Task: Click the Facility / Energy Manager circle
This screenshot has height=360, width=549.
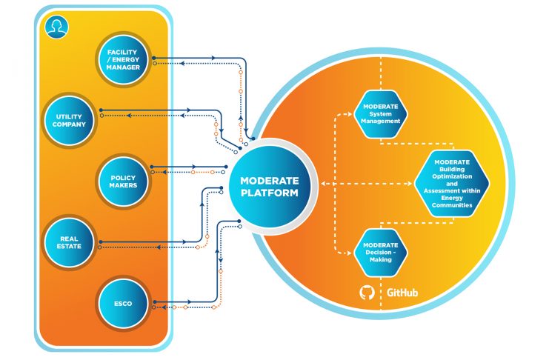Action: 124,59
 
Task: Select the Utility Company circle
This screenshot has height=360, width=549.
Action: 70,120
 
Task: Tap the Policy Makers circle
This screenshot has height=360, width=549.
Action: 124,180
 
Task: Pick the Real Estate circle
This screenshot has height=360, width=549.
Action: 70,241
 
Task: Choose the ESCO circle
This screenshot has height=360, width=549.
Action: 124,301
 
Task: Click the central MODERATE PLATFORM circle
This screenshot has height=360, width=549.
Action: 269,186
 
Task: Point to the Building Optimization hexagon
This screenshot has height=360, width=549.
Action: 452,183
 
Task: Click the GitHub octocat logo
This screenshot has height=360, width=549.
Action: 367,293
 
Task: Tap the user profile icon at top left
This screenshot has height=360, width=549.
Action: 54,27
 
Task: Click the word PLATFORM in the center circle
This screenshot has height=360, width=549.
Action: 269,193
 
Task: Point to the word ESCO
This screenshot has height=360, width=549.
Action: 124,301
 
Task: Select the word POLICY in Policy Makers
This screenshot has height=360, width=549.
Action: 124,176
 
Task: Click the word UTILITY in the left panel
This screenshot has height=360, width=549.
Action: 70,116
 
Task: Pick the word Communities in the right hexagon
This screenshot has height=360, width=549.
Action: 452,205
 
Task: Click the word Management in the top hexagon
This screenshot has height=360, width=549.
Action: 381,121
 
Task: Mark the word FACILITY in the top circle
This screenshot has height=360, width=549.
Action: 124,53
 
